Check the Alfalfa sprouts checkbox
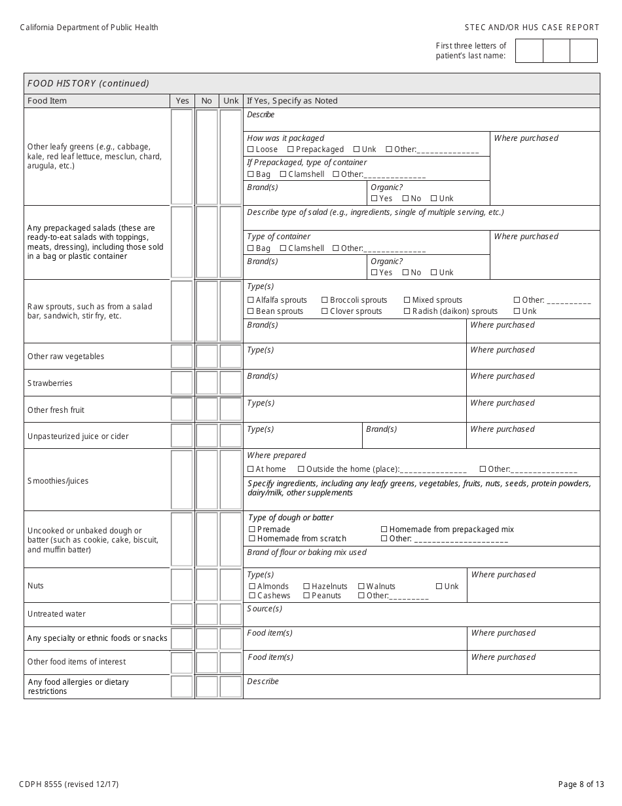click(x=251, y=300)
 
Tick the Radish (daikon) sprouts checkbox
click(x=407, y=311)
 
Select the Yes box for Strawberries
click(x=182, y=383)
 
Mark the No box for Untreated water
click(x=207, y=614)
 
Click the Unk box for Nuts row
click(x=230, y=585)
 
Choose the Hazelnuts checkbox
click(x=306, y=586)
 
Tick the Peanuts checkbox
click(x=306, y=596)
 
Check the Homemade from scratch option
click(x=252, y=539)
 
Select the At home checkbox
click(x=251, y=469)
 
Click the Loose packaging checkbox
click(x=251, y=149)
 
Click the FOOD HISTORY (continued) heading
click(x=88, y=83)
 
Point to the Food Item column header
click(x=47, y=101)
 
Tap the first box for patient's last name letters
click(x=529, y=51)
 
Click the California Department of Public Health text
click(x=89, y=28)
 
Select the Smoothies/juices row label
click(x=58, y=481)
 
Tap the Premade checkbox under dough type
click(x=252, y=529)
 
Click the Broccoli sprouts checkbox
click(x=325, y=300)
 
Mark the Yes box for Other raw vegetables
click(x=182, y=356)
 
